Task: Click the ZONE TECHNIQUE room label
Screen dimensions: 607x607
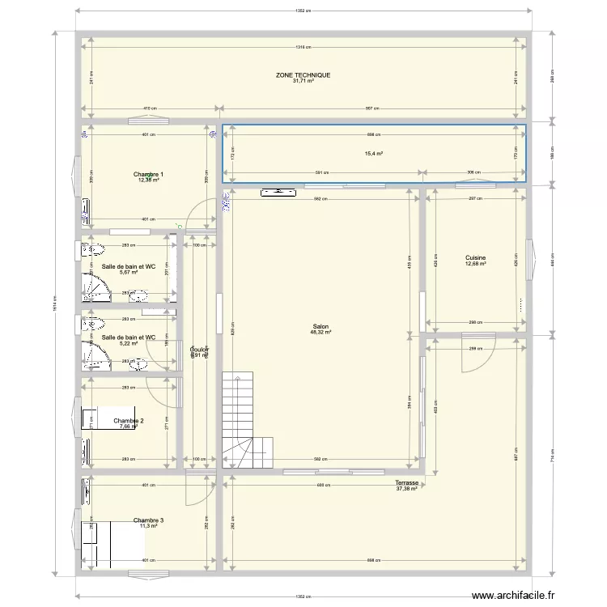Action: tap(303, 74)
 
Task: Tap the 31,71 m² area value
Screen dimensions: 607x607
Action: tap(303, 81)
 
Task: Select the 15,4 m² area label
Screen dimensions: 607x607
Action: tap(374, 154)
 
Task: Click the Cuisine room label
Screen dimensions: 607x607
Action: tap(475, 257)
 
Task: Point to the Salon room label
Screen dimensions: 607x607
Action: tap(320, 326)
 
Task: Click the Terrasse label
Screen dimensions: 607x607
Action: tap(406, 482)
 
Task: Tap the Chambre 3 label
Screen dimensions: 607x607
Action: tap(149, 520)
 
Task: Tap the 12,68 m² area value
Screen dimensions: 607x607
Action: tap(475, 264)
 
